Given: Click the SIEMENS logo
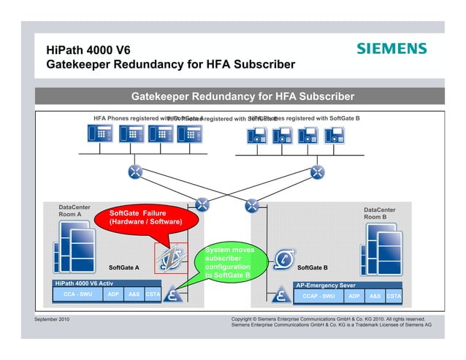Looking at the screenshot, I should tap(391, 49).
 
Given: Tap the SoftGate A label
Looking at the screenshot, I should tap(123, 268).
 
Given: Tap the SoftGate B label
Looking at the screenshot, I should tap(313, 268).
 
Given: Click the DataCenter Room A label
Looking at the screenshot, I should tap(75, 211).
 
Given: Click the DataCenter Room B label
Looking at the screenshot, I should tap(380, 213).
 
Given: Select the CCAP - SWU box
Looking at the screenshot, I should tap(318, 296).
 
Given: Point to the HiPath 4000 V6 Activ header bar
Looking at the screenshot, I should tap(107, 283).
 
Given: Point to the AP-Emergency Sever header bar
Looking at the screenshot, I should tap(348, 285).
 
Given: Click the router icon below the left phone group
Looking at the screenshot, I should tap(135, 172).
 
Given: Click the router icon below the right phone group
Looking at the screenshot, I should tap(317, 172).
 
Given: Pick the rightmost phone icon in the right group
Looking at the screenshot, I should tap(335, 135).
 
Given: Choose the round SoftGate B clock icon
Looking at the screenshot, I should tap(283, 258).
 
